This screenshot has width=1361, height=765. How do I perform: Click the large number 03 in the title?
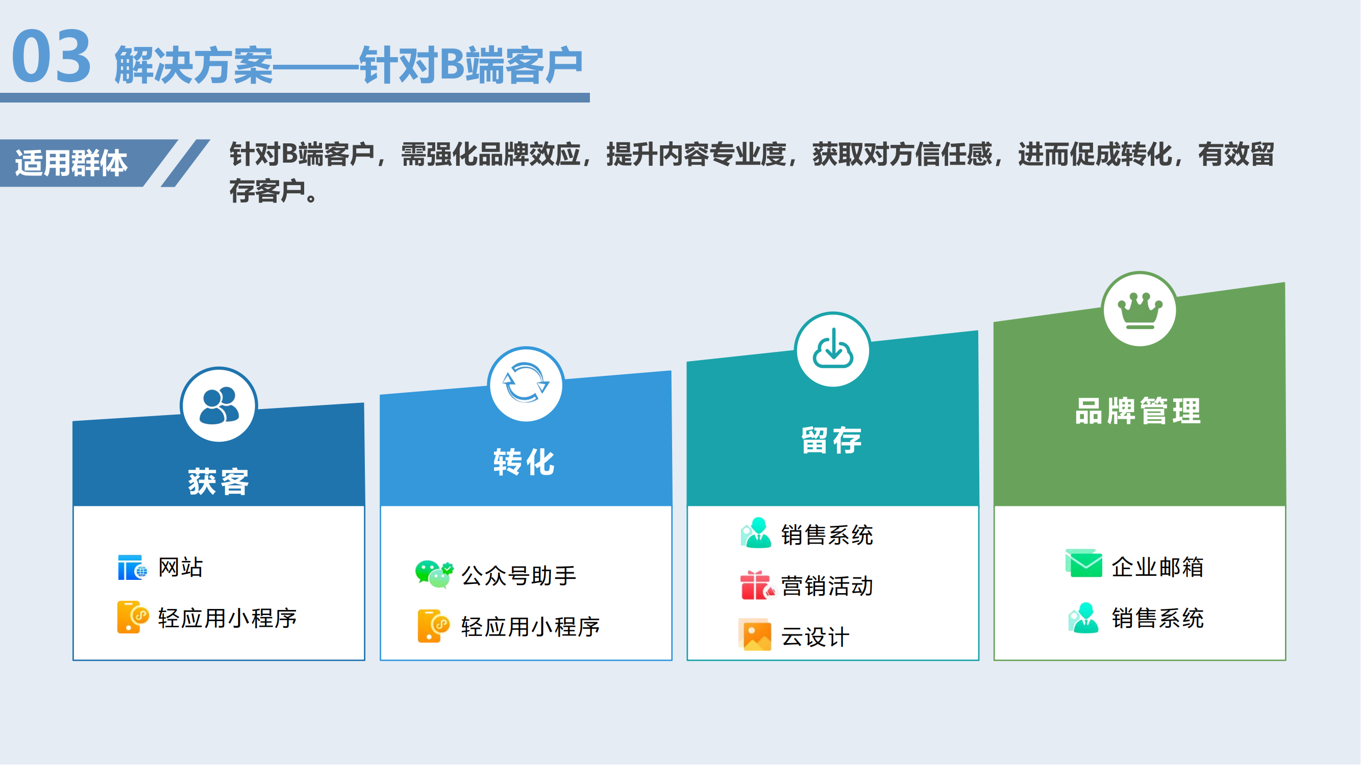point(52,56)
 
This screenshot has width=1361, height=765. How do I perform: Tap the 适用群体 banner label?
point(71,163)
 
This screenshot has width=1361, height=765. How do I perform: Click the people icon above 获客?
point(219,405)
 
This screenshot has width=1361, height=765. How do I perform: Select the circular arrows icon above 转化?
point(526,384)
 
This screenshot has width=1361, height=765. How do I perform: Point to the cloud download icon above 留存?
point(833,348)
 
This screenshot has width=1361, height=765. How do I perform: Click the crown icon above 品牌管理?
point(1140,311)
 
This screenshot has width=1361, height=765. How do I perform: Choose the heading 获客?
point(219,481)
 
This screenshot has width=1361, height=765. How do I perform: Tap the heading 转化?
point(524,462)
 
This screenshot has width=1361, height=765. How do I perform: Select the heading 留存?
point(832,440)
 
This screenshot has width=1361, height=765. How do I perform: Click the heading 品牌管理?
point(1139,411)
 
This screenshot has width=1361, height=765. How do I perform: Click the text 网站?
point(181,568)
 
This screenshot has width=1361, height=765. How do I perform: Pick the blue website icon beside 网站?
point(132,568)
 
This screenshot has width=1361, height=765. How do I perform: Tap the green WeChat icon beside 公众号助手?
point(434,574)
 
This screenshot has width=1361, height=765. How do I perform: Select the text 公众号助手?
point(519,575)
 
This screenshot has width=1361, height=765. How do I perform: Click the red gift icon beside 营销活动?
point(757,585)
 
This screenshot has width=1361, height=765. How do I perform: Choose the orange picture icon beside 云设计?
point(755,635)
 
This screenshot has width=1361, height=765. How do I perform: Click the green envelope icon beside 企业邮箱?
point(1084,564)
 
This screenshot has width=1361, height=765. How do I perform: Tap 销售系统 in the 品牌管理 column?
point(1157,618)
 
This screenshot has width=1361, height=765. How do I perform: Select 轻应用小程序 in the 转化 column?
point(530,627)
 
